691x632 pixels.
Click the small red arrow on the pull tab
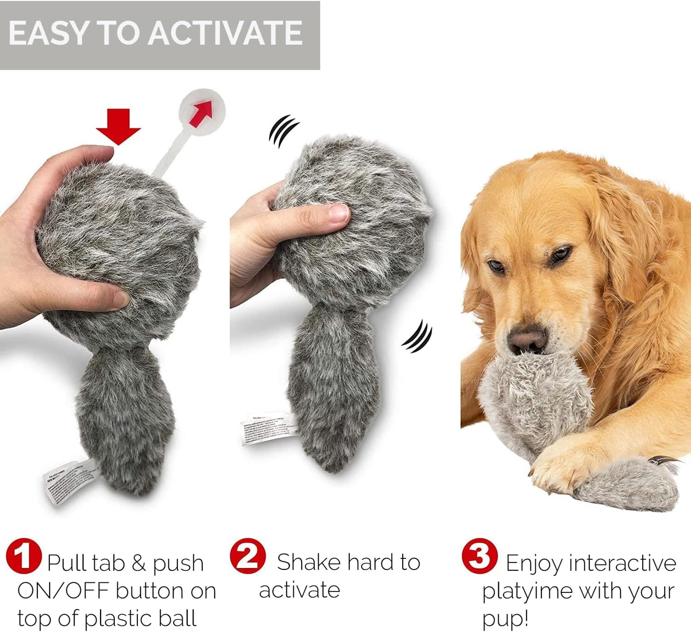point(201,114)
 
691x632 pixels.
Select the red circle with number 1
point(24,556)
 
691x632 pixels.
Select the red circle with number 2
point(247,556)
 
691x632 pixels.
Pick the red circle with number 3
point(479,556)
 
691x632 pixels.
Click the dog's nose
point(526,341)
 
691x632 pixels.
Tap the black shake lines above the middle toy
point(283,130)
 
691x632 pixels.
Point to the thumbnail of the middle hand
point(339,214)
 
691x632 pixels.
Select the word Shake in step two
point(308,562)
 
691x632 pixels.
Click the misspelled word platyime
point(527,591)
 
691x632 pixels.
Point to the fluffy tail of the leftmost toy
point(124,420)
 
